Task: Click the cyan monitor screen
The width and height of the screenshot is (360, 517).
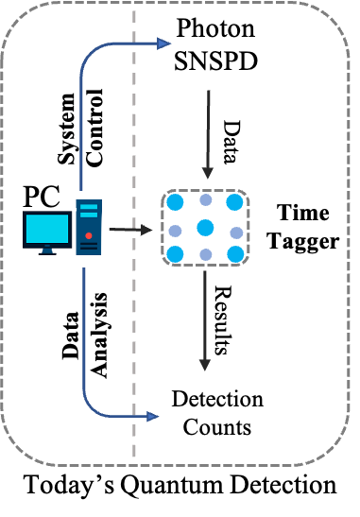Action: (x=48, y=229)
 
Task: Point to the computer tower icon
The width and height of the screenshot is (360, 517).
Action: (x=89, y=227)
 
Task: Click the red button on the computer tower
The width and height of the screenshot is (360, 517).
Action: (x=89, y=235)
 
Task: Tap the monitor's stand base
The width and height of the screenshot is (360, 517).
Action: (x=47, y=251)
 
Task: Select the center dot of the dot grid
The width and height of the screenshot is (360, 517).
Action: (x=205, y=228)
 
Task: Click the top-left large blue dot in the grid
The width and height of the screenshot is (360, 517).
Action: (x=175, y=201)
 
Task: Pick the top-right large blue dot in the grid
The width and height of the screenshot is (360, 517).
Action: (x=234, y=201)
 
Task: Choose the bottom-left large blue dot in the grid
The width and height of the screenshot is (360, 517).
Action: (x=175, y=253)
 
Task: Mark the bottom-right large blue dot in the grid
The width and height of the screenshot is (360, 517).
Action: (x=234, y=253)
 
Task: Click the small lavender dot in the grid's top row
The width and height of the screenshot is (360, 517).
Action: (x=205, y=199)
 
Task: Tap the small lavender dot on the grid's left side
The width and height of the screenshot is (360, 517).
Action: (x=175, y=231)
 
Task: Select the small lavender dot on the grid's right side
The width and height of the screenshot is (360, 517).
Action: (x=235, y=232)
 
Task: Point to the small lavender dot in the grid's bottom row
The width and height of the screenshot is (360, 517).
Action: (x=205, y=255)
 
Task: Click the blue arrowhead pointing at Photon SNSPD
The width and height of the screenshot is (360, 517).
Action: (x=163, y=43)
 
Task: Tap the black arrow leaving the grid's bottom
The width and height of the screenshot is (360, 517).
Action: (x=205, y=321)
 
